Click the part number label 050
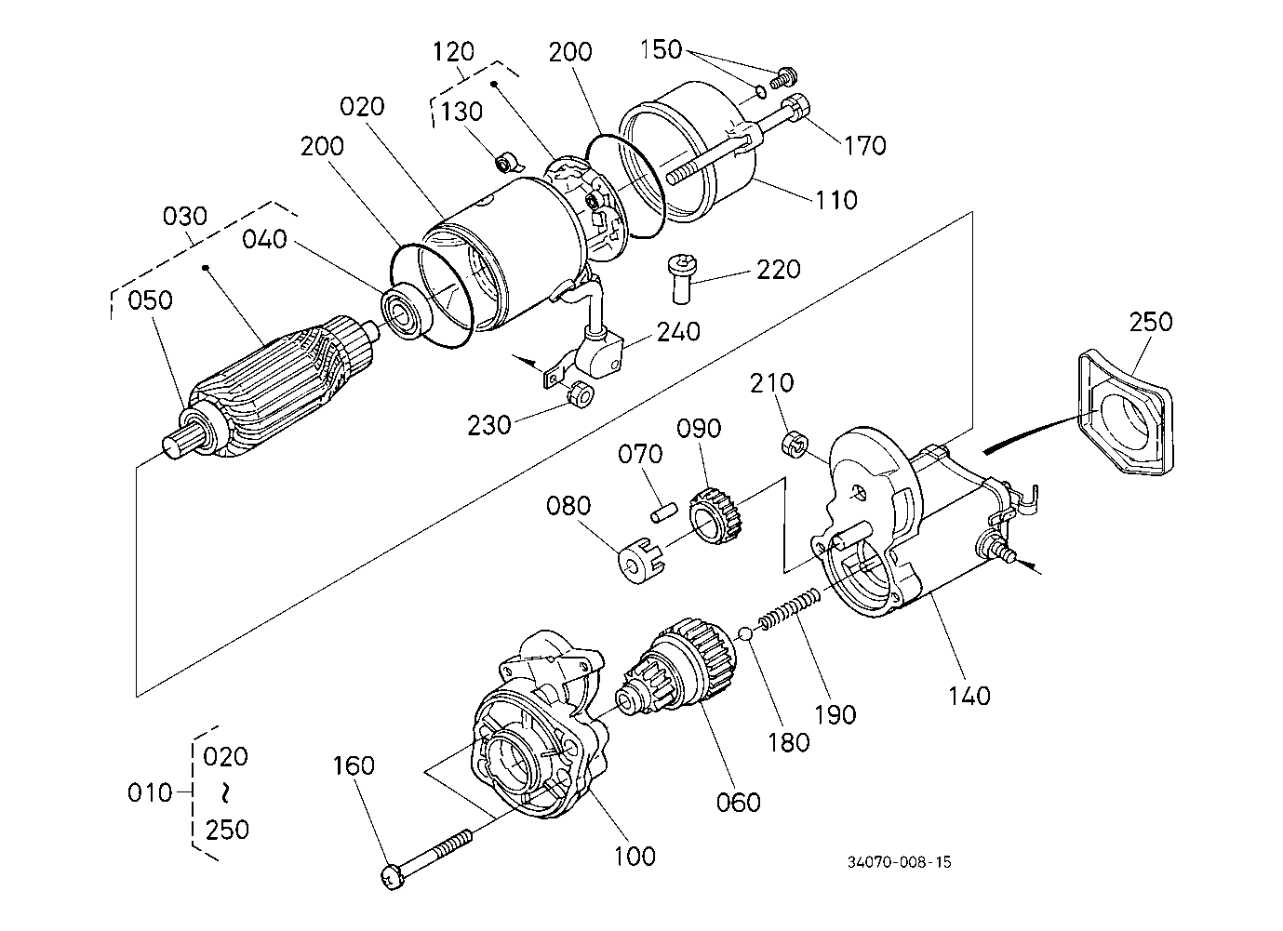(x=150, y=300)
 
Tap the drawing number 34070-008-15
(x=900, y=862)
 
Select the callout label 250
(x=1151, y=322)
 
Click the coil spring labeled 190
(x=790, y=611)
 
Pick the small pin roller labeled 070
(x=664, y=512)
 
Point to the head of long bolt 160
(x=393, y=877)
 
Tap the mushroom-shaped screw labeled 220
(x=682, y=280)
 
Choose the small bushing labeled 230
(x=581, y=394)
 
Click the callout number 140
(x=969, y=697)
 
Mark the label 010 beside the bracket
(x=150, y=793)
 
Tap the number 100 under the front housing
(x=635, y=857)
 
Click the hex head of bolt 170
(x=796, y=107)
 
